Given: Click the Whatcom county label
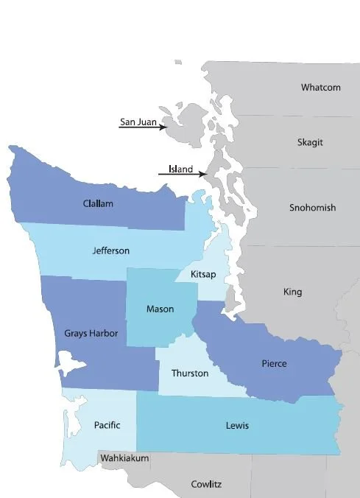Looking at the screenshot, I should click(320, 88).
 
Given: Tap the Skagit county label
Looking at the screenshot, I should click(310, 142).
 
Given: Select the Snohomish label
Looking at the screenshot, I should click(312, 208).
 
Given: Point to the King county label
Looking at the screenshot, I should click(292, 292).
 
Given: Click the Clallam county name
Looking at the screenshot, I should click(98, 203).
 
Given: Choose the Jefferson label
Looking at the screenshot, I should click(111, 250).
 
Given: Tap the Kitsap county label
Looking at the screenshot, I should click(204, 274).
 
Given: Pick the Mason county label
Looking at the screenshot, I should click(160, 309).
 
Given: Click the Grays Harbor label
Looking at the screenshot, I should click(91, 333).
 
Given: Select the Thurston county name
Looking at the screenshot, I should click(190, 373).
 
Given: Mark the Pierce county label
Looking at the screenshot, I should click(274, 364).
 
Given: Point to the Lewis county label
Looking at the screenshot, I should click(237, 426).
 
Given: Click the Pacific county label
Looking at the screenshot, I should click(107, 425).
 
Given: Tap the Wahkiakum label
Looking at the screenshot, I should click(124, 458).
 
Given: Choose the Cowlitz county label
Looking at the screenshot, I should click(207, 484).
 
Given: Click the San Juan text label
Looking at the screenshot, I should click(138, 122).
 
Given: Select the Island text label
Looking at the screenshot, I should click(180, 169).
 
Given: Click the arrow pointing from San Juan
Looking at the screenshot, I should click(144, 127).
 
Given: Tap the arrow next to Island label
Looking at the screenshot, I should click(182, 175).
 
